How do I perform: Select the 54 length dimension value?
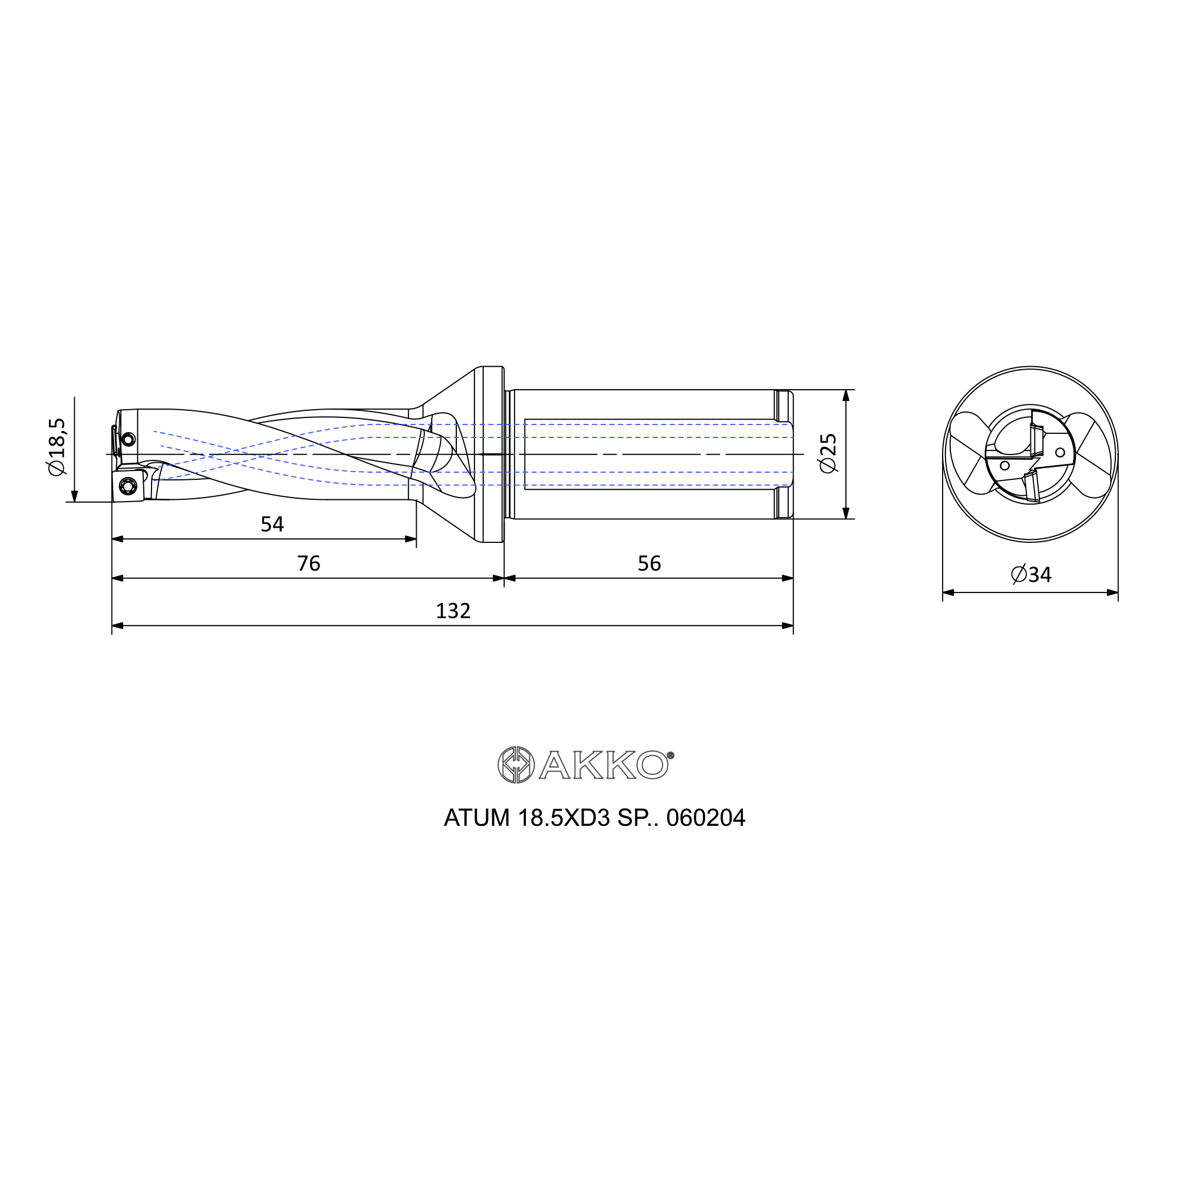coord(272,524)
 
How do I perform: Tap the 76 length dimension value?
coord(309,563)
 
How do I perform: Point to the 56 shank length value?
coord(649,563)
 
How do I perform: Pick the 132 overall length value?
coord(453,611)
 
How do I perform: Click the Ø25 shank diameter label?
coord(828,453)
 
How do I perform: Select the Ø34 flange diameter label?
coord(1031,574)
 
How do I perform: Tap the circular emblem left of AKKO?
coord(516,765)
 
